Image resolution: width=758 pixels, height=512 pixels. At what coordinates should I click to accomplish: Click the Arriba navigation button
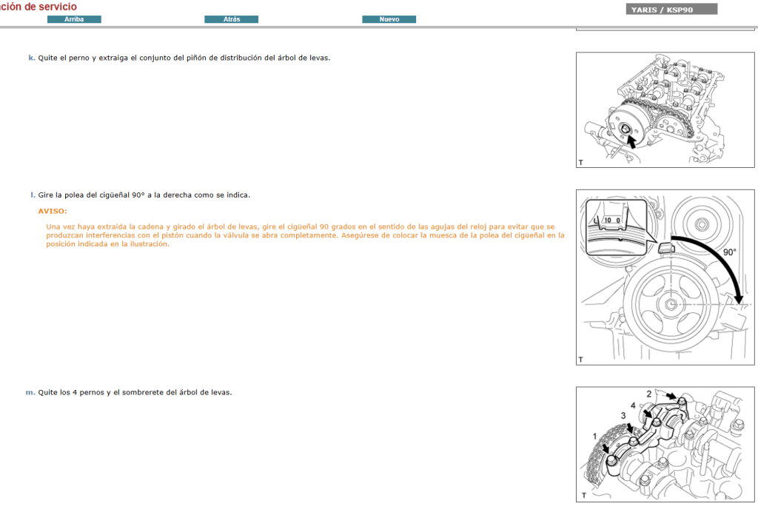(74, 19)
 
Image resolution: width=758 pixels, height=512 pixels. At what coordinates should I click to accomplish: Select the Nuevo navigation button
(389, 19)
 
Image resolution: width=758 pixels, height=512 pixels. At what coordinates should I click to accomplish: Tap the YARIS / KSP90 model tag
(671, 10)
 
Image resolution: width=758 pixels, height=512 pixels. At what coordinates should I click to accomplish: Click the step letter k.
(31, 57)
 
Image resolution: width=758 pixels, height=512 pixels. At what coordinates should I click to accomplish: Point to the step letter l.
(33, 195)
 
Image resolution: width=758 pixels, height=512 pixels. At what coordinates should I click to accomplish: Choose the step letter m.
(30, 392)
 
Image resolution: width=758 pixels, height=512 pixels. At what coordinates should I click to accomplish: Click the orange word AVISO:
(52, 211)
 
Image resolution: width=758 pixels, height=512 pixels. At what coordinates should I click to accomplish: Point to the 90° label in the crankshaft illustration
(729, 252)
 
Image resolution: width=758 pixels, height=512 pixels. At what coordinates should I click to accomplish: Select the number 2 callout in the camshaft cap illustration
(649, 394)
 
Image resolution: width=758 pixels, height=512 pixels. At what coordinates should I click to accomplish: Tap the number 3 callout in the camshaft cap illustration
(623, 416)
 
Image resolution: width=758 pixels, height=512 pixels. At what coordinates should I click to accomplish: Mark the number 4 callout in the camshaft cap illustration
(633, 405)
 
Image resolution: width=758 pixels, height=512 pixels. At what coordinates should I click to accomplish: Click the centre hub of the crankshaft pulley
(670, 304)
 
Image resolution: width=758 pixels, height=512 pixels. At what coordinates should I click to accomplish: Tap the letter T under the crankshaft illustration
(581, 359)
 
